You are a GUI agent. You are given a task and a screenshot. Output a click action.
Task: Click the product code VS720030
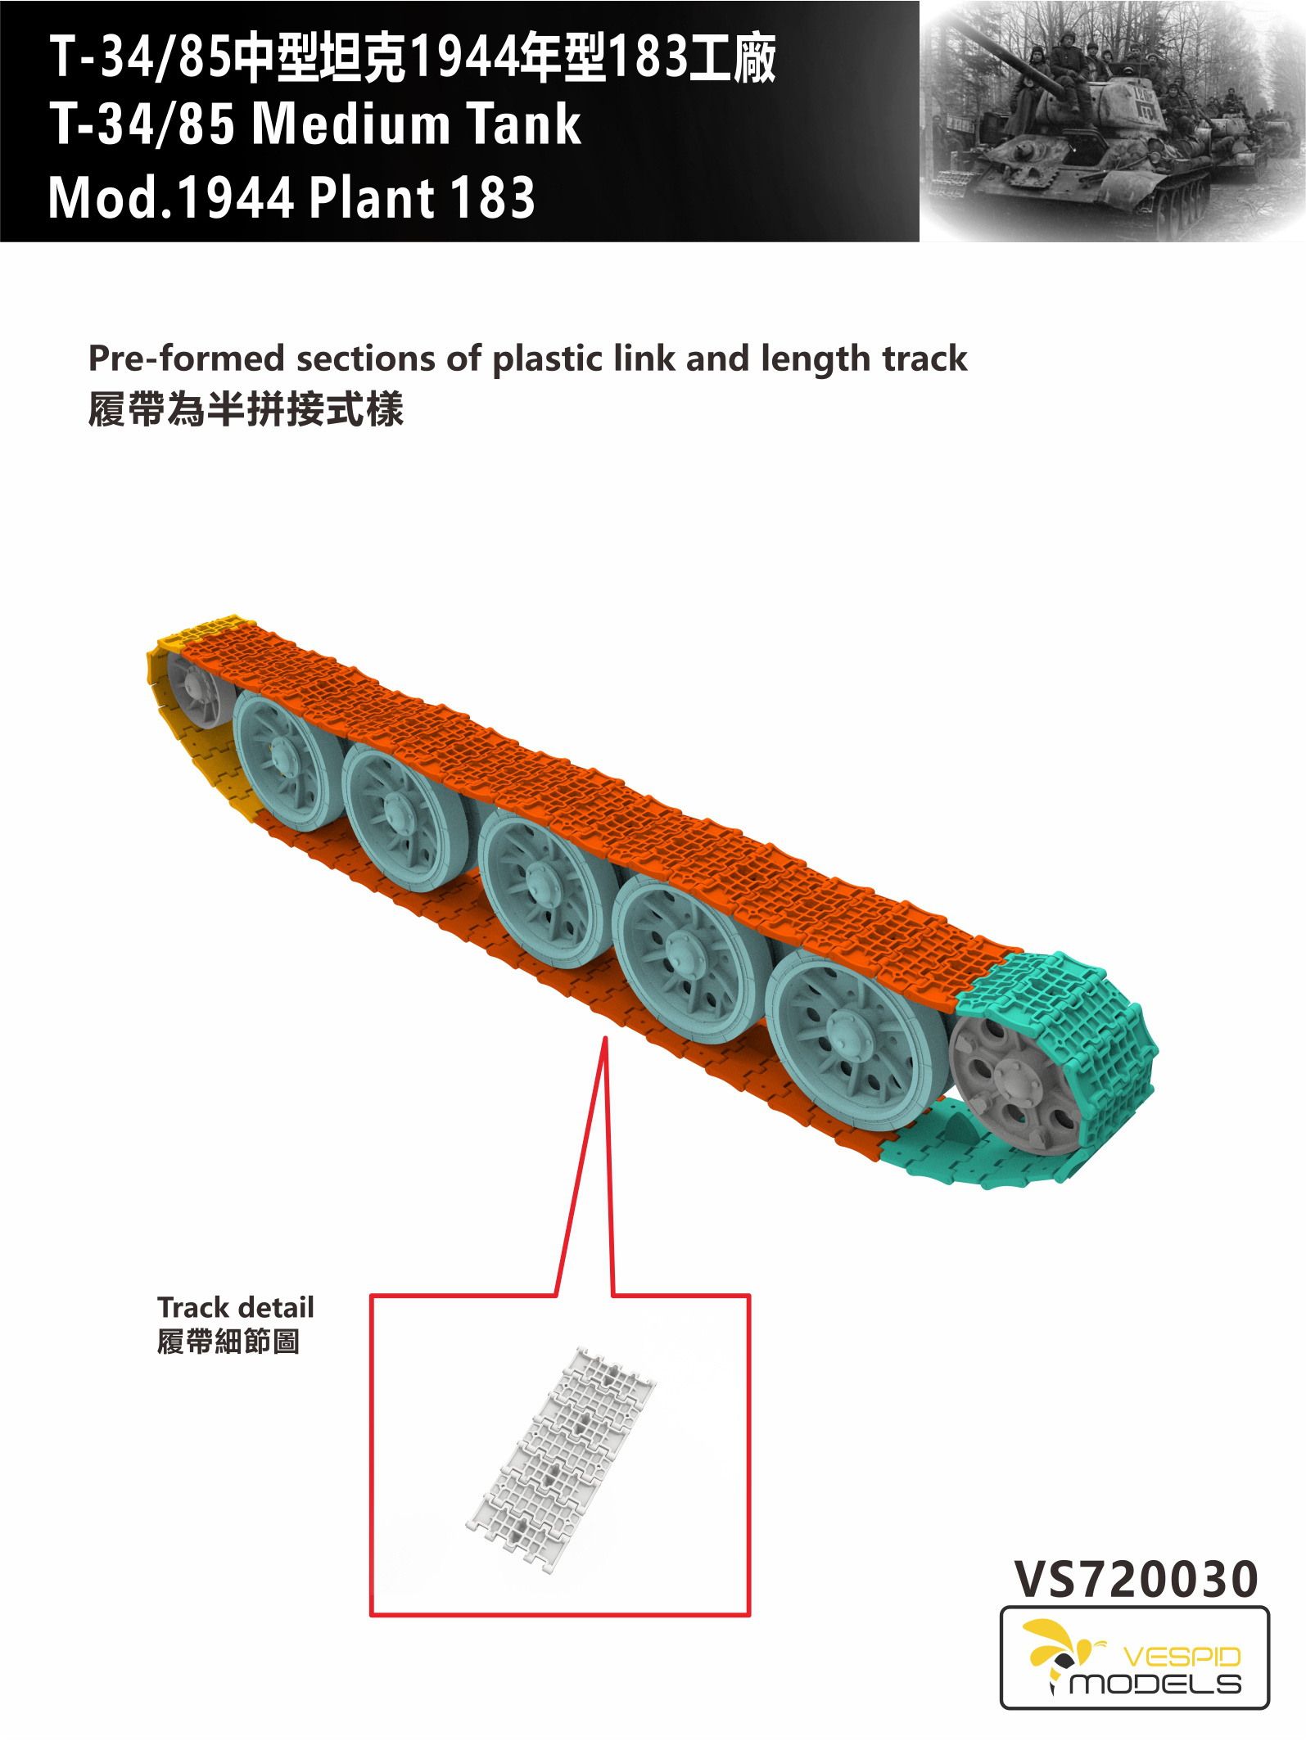(1136, 1579)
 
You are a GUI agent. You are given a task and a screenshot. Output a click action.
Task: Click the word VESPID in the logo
(1182, 1657)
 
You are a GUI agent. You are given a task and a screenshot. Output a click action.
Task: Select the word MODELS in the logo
(1155, 1684)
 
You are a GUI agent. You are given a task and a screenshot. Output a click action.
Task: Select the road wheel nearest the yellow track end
(282, 758)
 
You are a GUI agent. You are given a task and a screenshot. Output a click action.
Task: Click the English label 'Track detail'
(236, 1307)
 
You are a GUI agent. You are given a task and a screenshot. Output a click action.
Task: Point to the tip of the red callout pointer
(605, 1038)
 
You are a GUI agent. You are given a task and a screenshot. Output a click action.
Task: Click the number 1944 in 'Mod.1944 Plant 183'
(235, 198)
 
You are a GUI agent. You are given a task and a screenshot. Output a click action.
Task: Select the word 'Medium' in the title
(351, 125)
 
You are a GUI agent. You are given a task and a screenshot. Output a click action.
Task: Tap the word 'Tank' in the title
(524, 124)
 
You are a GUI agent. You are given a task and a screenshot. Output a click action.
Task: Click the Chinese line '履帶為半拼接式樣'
(246, 409)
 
